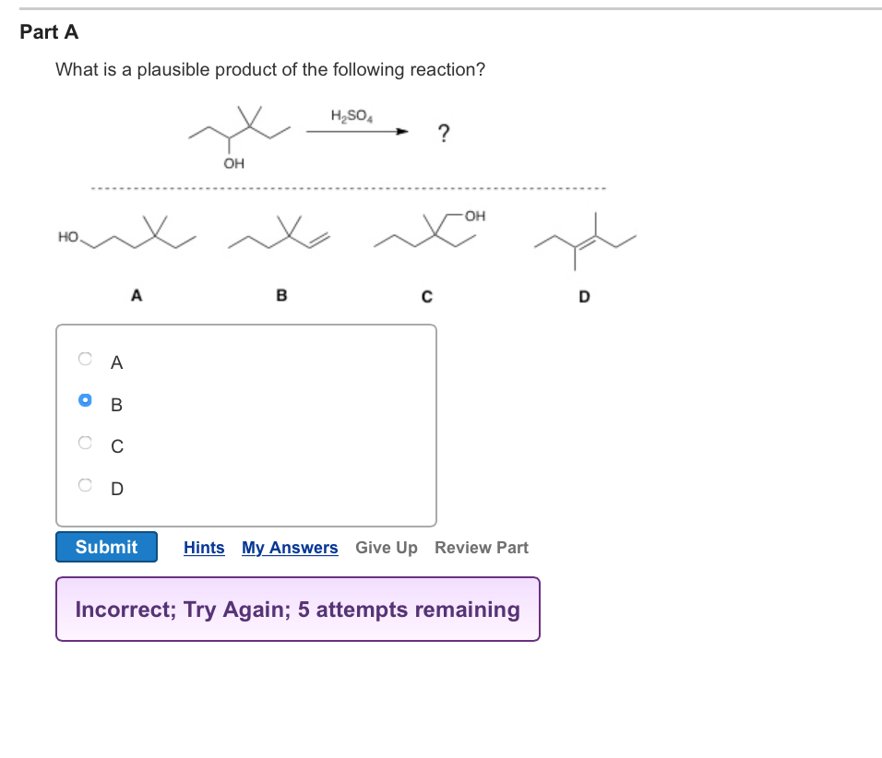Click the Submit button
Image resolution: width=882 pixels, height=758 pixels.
(106, 547)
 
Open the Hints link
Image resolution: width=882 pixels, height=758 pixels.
(204, 548)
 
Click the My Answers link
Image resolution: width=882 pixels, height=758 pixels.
(290, 548)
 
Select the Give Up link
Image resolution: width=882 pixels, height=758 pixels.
(386, 548)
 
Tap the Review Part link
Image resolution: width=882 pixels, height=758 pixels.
(482, 548)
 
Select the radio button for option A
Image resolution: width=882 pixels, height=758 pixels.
(86, 358)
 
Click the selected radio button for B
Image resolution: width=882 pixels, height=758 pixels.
(86, 400)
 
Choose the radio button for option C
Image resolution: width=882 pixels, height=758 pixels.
(86, 443)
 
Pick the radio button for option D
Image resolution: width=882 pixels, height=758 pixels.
(86, 485)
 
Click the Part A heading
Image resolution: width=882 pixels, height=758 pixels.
(50, 32)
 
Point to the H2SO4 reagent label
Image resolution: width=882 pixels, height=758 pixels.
(350, 116)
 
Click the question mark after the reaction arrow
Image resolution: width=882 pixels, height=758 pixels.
(444, 135)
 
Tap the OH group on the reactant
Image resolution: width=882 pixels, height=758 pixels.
(234, 164)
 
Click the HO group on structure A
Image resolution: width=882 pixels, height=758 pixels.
(68, 237)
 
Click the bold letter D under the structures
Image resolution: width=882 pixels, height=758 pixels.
(583, 297)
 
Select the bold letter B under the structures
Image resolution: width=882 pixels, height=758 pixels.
(281, 296)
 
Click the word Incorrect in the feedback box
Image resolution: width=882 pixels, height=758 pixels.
(122, 610)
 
